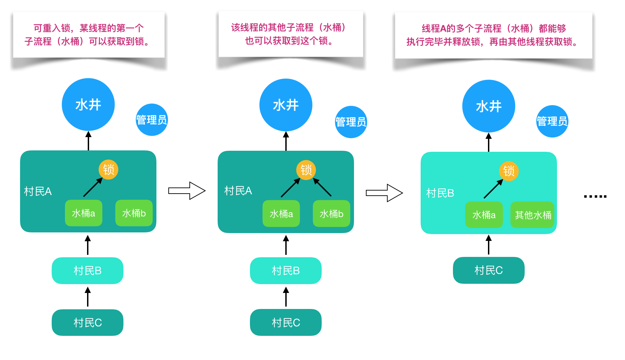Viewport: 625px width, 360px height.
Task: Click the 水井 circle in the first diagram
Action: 88,104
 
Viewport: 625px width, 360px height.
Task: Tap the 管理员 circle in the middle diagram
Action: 351,122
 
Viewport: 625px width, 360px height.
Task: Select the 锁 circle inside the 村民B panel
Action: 509,171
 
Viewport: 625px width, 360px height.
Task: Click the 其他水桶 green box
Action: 533,215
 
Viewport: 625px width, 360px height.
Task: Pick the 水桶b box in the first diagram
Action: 134,213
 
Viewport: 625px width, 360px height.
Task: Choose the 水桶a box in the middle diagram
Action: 281,214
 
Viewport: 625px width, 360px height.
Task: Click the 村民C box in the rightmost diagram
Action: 488,270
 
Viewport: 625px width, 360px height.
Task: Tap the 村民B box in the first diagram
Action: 87,271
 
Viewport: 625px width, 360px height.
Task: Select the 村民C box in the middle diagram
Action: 286,322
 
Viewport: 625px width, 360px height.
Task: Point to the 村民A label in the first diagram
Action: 38,191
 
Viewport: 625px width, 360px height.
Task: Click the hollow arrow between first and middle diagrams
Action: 187,191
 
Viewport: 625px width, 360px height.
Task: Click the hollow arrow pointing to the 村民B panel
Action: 384,193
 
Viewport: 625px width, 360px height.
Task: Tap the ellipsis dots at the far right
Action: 595,196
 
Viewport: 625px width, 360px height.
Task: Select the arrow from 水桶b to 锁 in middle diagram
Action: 322,187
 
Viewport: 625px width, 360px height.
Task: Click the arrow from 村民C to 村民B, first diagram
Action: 88,296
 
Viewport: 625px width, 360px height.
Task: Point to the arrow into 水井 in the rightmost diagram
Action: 489,142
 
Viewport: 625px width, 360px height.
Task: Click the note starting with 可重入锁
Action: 88,35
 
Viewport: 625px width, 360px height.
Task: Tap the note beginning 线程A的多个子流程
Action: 493,35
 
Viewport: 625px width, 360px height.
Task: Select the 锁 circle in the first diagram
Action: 108,169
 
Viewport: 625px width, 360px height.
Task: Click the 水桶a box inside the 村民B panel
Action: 484,215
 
